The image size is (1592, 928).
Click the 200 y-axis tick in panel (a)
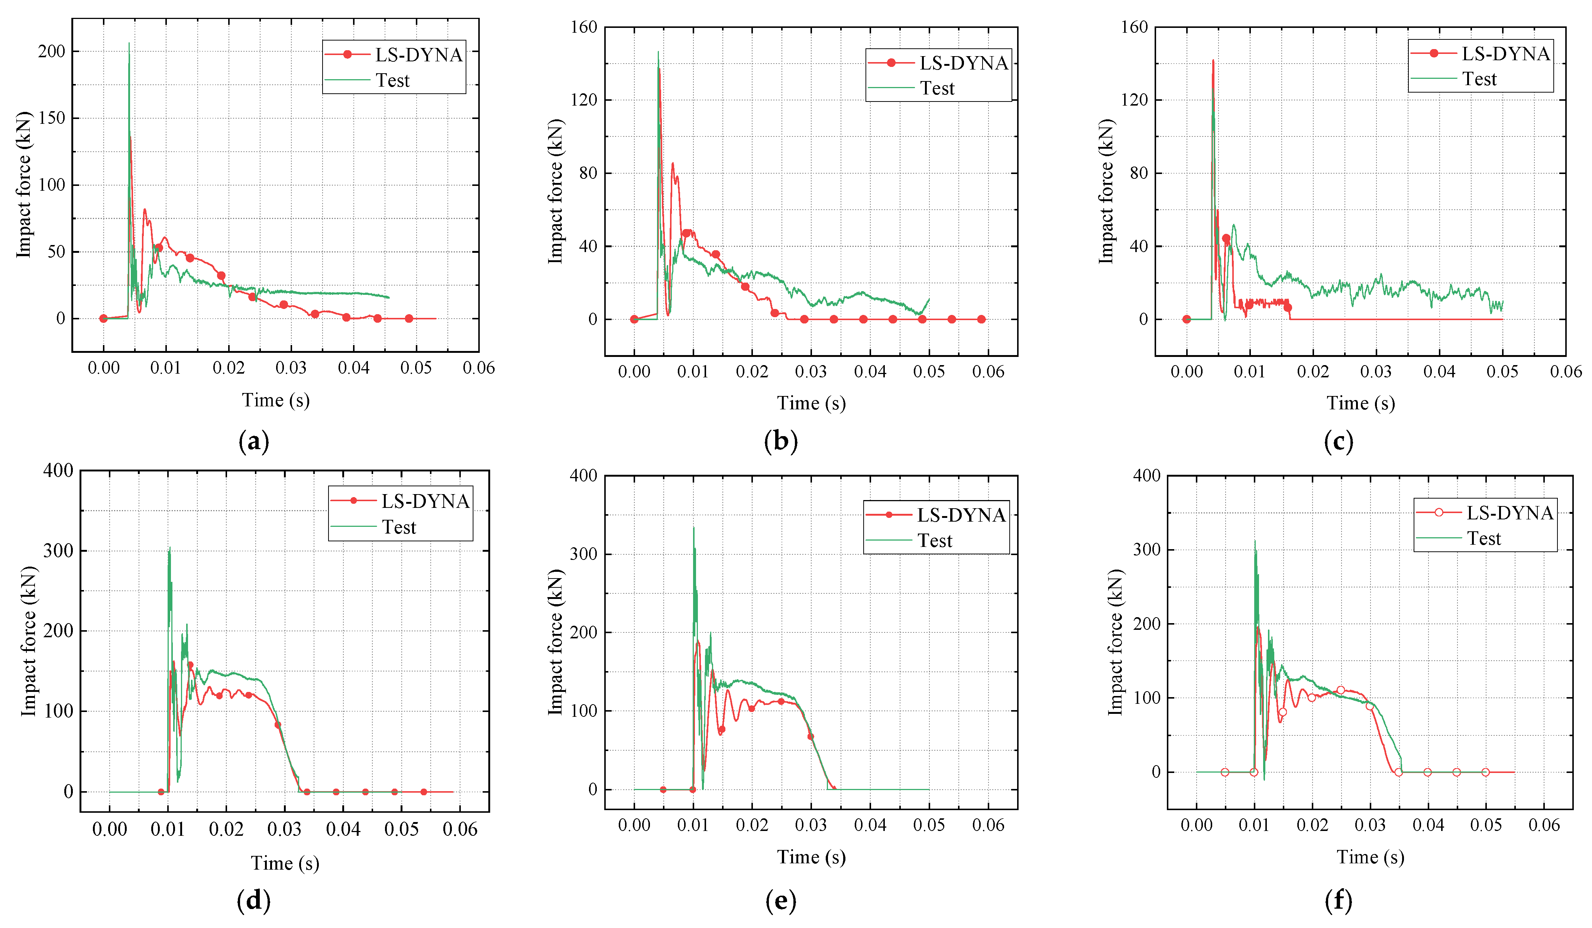(51, 51)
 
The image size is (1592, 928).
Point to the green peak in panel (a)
(129, 44)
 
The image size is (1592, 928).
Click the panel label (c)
(1338, 441)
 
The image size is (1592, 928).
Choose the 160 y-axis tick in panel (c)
(1134, 27)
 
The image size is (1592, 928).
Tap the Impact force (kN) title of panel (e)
(555, 642)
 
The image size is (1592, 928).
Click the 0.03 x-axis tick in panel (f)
(1370, 825)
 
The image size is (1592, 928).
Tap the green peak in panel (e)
(694, 528)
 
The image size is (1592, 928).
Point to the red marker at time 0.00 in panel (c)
(1187, 319)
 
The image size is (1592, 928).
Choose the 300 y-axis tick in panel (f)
(1147, 550)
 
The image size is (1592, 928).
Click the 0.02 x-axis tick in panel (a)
(228, 368)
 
